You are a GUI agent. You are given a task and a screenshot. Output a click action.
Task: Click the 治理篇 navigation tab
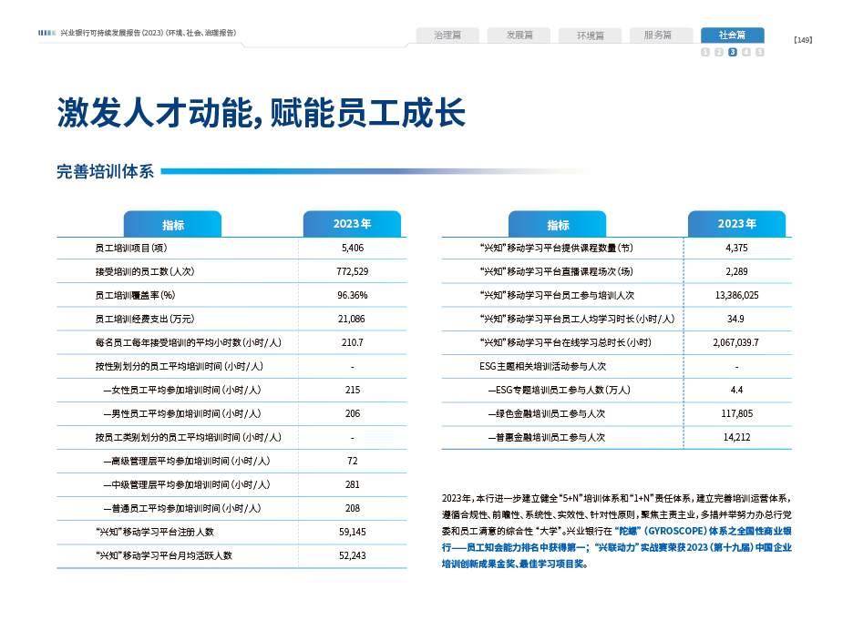447,36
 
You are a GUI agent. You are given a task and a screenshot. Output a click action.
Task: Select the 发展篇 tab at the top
518,36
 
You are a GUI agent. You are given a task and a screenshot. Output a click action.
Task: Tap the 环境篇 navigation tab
590,36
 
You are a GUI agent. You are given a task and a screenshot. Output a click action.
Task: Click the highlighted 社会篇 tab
732,36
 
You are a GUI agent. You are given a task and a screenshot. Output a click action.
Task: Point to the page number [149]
803,39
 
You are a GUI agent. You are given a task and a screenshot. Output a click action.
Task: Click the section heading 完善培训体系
105,171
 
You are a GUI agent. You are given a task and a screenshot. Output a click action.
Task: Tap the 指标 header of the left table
173,225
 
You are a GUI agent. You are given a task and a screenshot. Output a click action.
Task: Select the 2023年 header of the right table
736,224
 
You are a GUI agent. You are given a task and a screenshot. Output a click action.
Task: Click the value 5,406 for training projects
352,248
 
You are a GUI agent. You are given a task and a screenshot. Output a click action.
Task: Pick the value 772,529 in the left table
352,271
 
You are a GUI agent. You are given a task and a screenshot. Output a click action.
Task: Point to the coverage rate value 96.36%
352,295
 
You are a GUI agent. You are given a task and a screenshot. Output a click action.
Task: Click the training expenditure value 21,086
352,319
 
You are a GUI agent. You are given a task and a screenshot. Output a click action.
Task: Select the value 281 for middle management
352,484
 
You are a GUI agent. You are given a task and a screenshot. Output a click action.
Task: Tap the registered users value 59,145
352,532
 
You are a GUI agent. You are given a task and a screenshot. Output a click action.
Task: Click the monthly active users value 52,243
352,555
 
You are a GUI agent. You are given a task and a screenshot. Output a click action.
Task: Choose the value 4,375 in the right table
736,248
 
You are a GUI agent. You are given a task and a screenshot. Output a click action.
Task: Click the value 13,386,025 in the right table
736,295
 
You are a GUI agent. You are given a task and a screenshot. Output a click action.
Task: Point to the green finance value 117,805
736,413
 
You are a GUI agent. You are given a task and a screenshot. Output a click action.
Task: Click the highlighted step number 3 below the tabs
733,52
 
